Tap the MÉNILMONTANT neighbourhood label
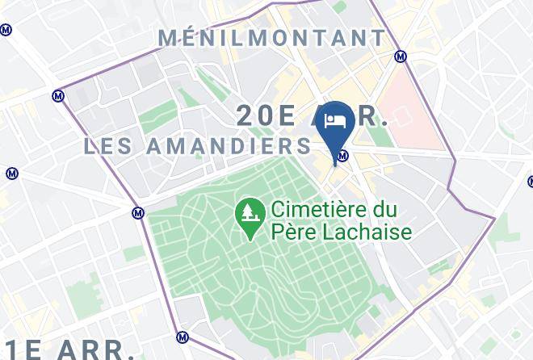[x=273, y=38]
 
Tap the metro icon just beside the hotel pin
[x=343, y=156]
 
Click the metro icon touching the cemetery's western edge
[x=138, y=213]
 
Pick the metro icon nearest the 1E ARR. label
[x=183, y=337]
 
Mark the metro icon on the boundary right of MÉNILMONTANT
[x=400, y=57]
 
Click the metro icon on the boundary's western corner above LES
[x=57, y=95]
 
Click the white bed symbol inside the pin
[x=334, y=121]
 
